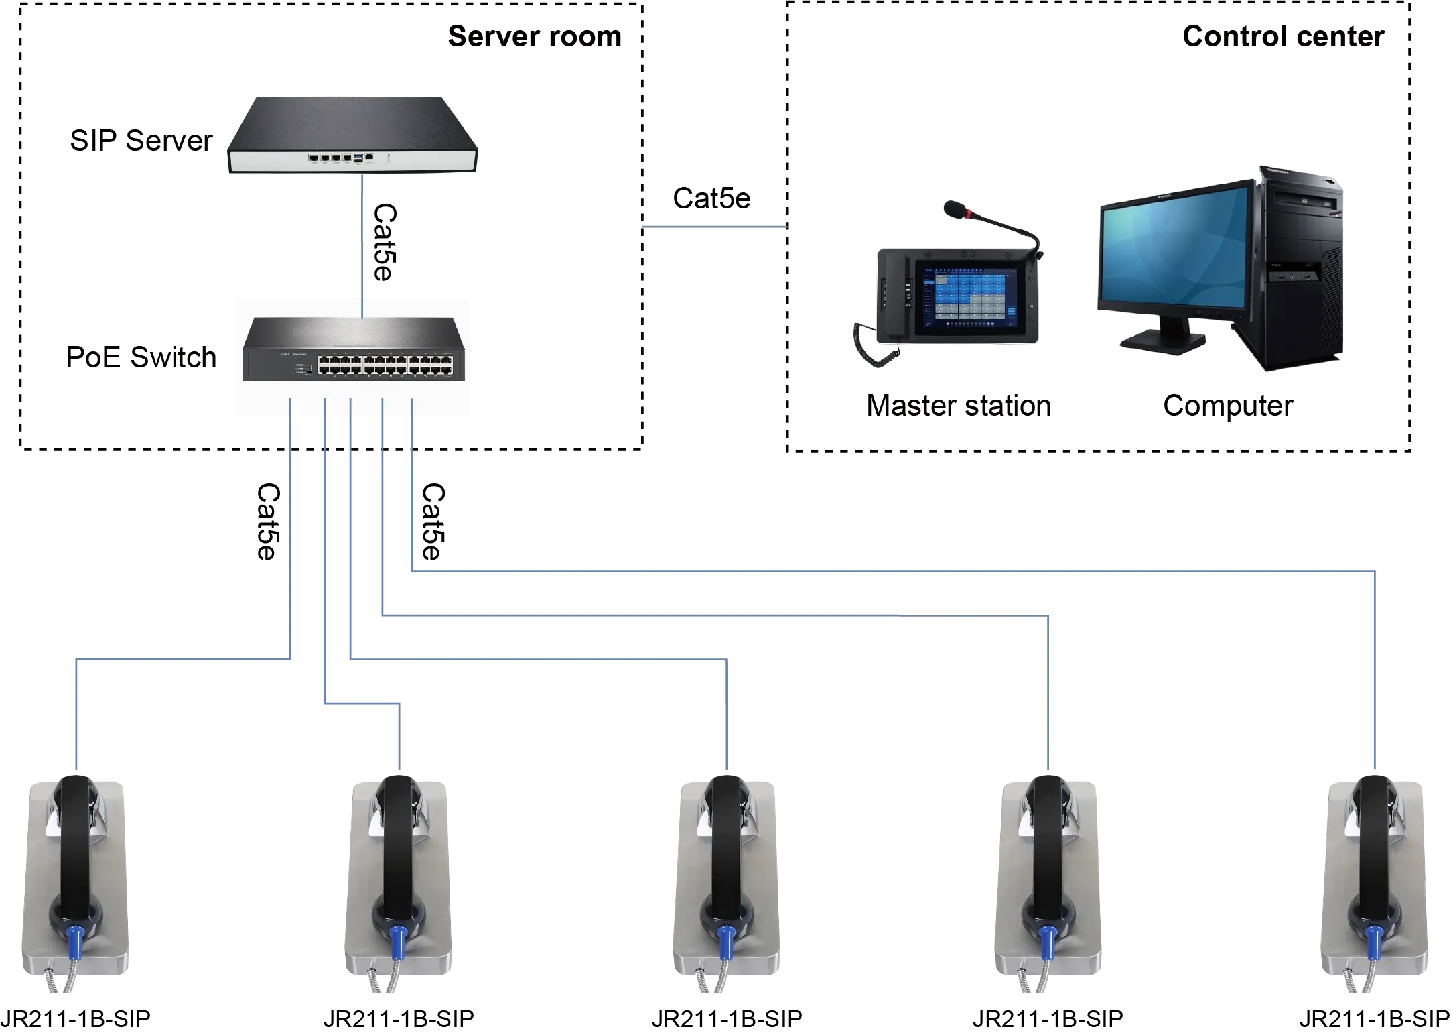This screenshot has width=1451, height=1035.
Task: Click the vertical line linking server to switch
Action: coord(362,235)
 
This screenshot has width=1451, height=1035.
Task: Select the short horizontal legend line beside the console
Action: coord(713,228)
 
